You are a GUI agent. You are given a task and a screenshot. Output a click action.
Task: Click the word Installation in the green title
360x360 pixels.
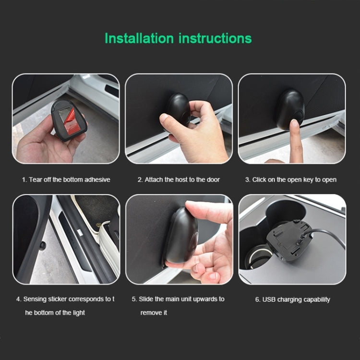140,38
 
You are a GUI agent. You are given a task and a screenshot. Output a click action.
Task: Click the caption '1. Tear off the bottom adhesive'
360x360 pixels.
66,180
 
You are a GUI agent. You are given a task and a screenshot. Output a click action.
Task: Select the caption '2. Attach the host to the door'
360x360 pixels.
179,180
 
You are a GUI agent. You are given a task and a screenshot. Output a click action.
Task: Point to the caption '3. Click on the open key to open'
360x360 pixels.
291,180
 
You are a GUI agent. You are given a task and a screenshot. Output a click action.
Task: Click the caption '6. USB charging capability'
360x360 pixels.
292,300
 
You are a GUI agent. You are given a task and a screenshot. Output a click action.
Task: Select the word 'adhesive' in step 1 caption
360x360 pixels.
97,180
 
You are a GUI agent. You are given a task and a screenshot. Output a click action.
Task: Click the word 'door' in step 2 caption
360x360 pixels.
213,180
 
